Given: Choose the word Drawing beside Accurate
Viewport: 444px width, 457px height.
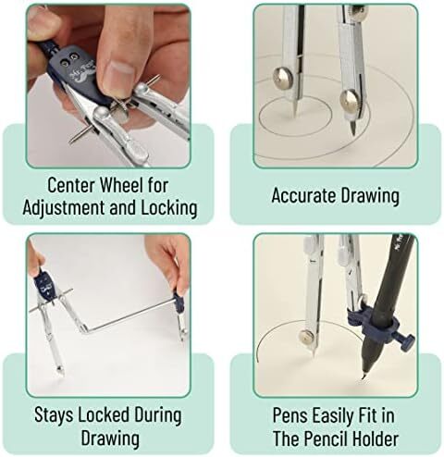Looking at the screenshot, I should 370,195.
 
